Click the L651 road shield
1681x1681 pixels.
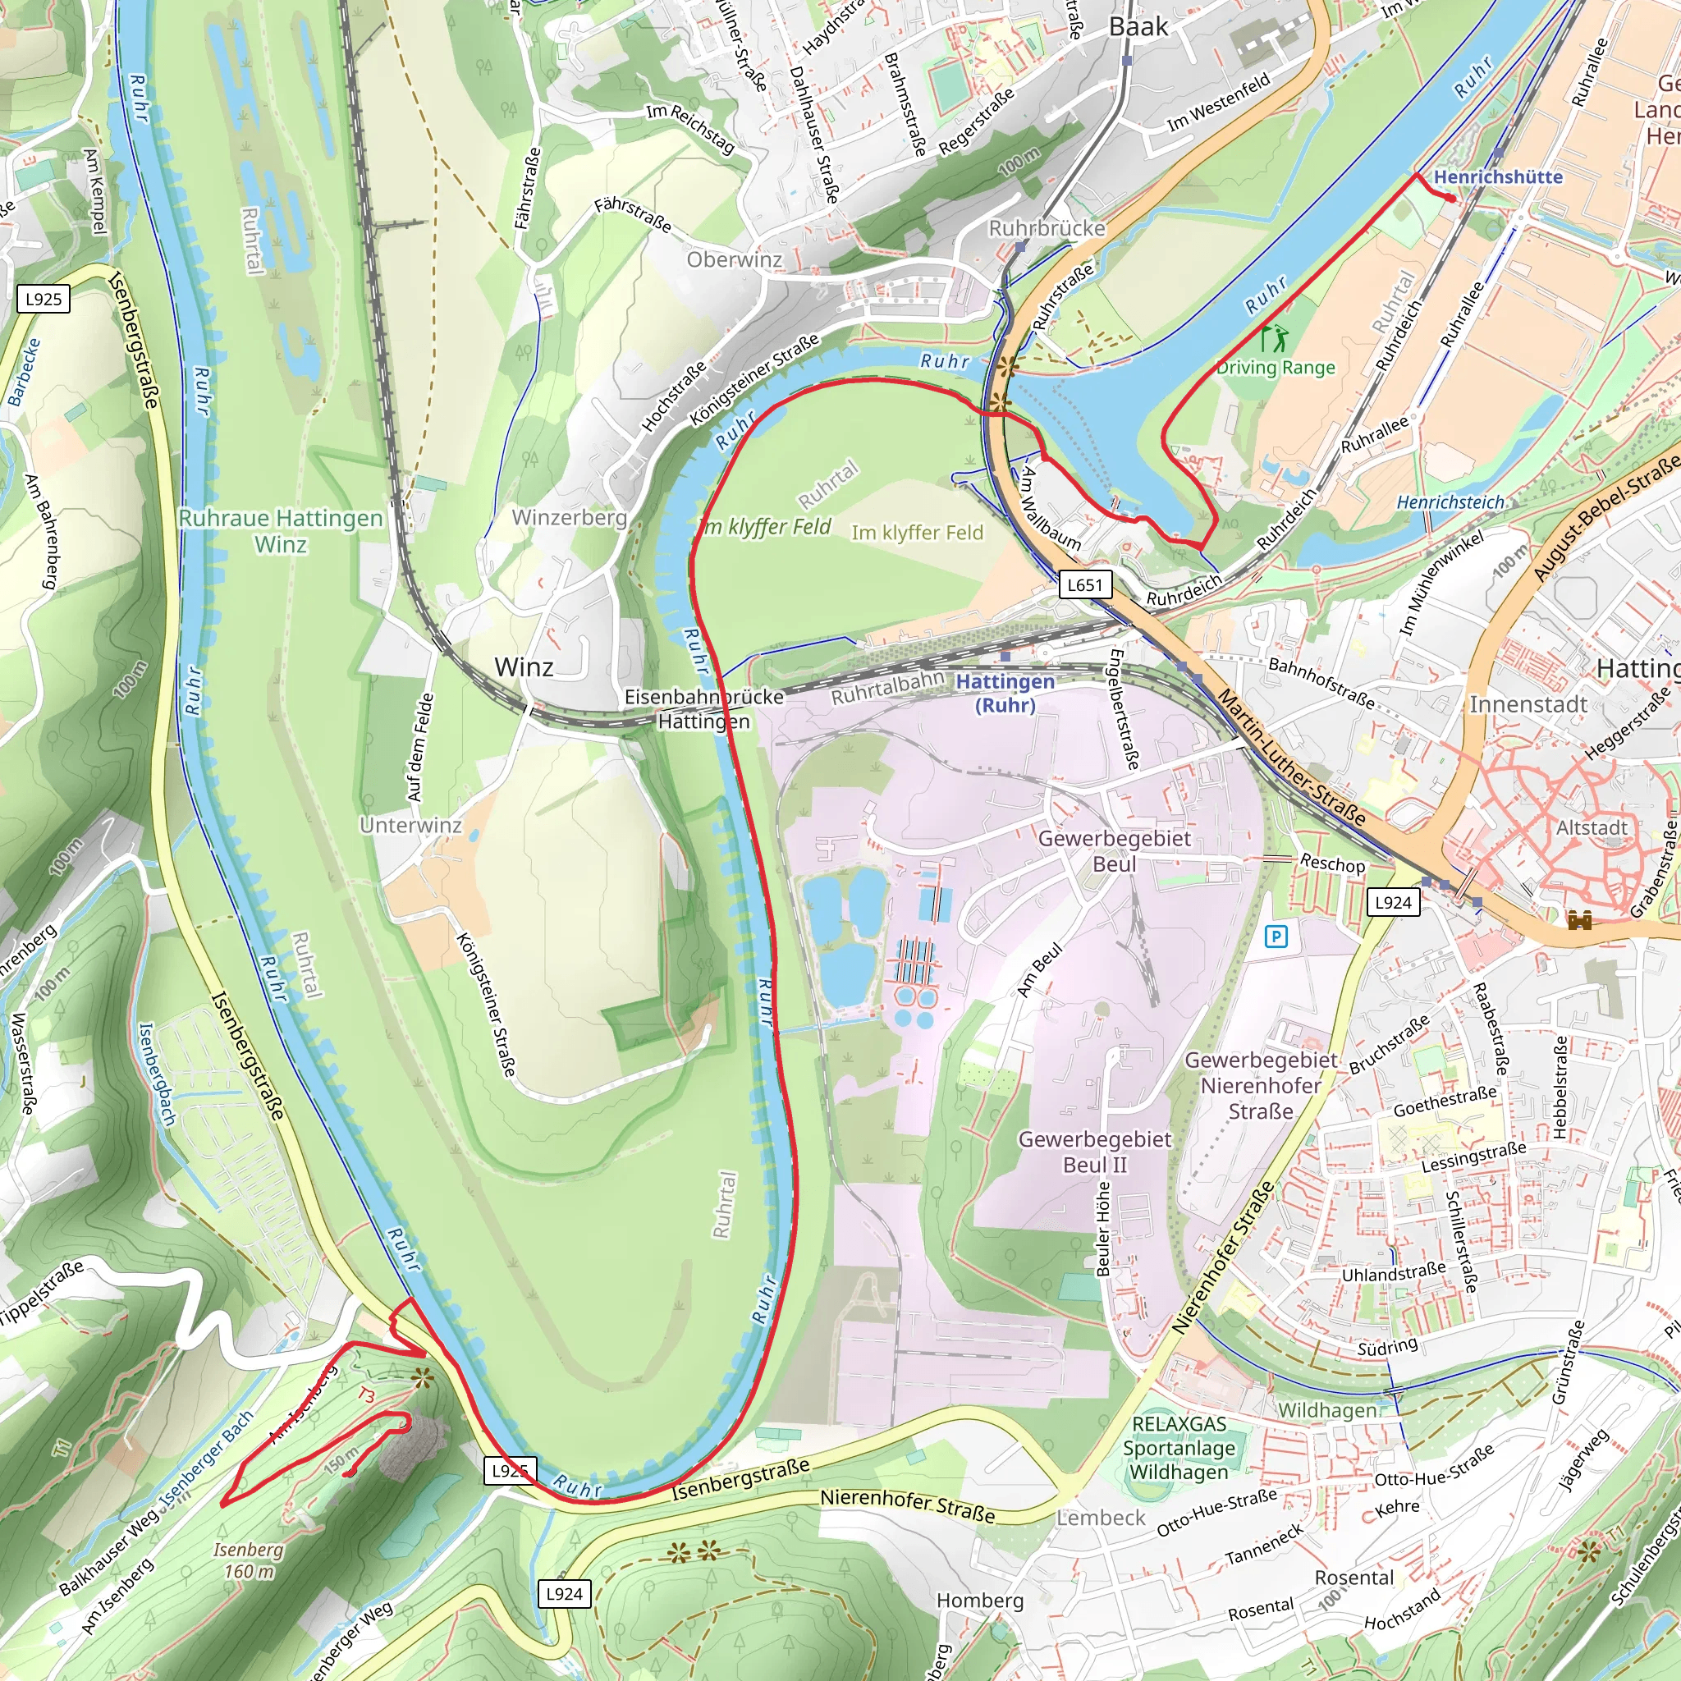point(1084,584)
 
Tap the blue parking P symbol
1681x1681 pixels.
point(1276,937)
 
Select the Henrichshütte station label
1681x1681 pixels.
point(1497,176)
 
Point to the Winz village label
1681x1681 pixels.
point(523,667)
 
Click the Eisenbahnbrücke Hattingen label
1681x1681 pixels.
point(704,709)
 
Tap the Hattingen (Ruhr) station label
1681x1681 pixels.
point(1005,694)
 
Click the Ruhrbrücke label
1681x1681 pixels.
point(1047,228)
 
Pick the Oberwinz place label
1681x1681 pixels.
point(734,259)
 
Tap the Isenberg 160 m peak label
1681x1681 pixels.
point(249,1560)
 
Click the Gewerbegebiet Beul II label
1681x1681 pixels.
point(1095,1152)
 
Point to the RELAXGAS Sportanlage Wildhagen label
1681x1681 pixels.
point(1179,1448)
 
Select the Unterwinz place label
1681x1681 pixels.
point(410,825)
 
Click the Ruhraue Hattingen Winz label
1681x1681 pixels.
point(280,531)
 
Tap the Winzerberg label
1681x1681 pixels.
point(569,517)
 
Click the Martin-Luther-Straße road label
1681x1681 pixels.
point(1291,757)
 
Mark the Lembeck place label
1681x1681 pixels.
point(1101,1518)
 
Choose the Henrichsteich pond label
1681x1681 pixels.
point(1450,502)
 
